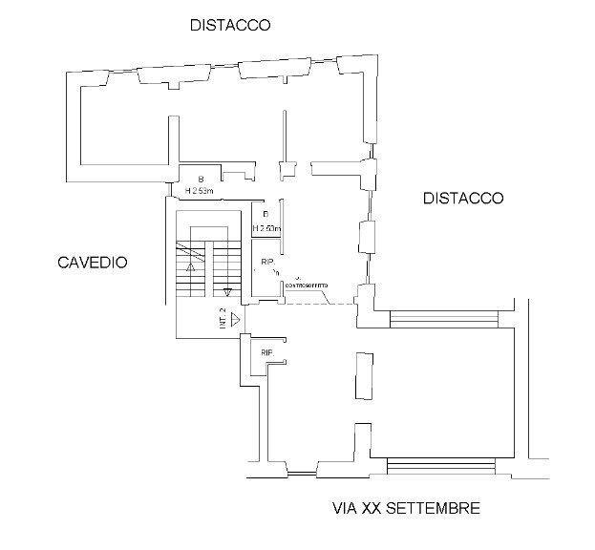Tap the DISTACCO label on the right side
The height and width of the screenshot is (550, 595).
pyautogui.click(x=462, y=199)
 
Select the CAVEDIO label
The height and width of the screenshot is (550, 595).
pyautogui.click(x=92, y=263)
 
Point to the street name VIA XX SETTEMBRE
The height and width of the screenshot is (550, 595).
pyautogui.click(x=406, y=508)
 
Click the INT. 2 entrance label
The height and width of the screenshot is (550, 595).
pyautogui.click(x=223, y=319)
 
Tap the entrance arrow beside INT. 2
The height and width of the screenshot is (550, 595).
pyautogui.click(x=235, y=320)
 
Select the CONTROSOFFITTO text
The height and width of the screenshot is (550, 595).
pyautogui.click(x=306, y=286)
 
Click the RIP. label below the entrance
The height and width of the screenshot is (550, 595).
pyautogui.click(x=267, y=353)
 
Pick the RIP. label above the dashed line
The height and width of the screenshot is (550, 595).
pyautogui.click(x=268, y=262)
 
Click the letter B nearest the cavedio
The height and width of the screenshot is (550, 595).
pyautogui.click(x=201, y=180)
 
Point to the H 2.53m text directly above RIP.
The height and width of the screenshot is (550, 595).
pyautogui.click(x=266, y=229)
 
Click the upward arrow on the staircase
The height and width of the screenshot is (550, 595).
pyautogui.click(x=191, y=268)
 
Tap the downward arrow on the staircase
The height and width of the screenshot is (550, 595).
pyautogui.click(x=227, y=290)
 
